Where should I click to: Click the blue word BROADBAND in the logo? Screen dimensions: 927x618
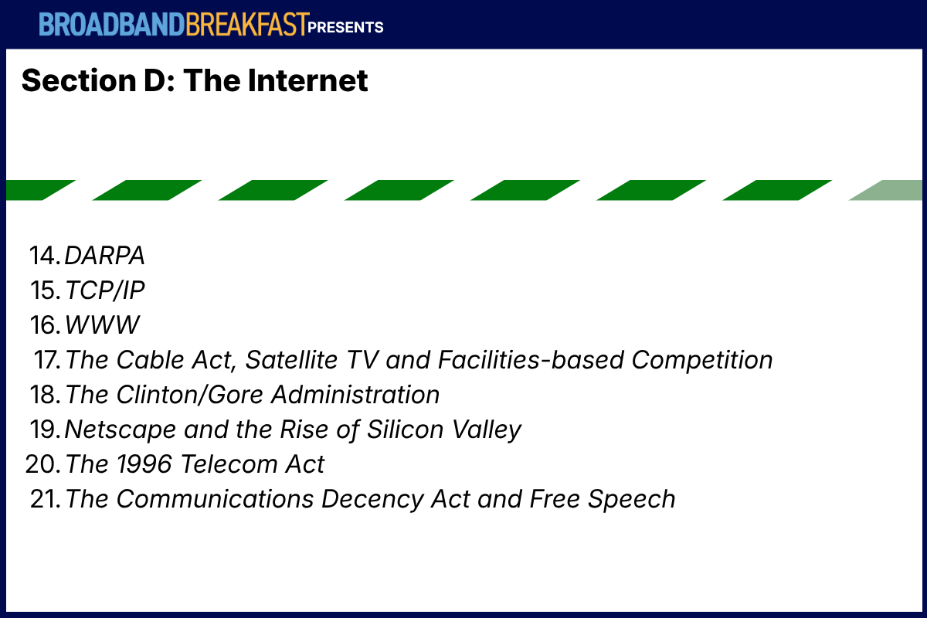click(112, 25)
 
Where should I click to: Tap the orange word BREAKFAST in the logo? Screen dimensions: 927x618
click(247, 25)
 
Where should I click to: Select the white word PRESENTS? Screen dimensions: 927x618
click(345, 27)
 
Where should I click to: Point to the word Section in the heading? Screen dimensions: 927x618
click(79, 80)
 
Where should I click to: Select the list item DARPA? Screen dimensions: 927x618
click(105, 256)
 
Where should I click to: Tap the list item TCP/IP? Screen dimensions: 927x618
click(105, 290)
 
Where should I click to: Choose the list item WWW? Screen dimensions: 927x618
click(103, 325)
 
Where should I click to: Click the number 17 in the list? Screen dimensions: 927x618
click(47, 360)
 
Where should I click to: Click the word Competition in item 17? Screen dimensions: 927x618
click(702, 360)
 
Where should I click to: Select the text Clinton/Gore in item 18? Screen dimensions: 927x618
click(190, 395)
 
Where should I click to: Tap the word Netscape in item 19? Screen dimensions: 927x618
click(121, 430)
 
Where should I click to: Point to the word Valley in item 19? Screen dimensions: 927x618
click(487, 430)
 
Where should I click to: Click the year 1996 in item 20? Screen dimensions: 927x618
click(144, 464)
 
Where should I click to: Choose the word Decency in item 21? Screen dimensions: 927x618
click(372, 500)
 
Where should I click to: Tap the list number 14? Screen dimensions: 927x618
click(45, 256)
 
